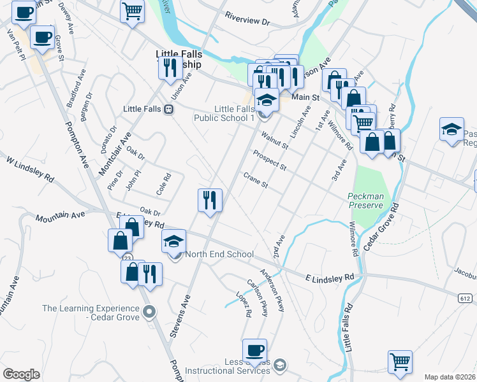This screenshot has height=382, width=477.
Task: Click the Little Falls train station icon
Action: coord(168,110)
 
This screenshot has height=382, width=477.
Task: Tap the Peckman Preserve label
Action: coord(365,201)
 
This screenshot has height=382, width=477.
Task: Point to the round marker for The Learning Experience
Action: coord(149,312)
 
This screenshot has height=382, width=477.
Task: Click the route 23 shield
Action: coord(128,257)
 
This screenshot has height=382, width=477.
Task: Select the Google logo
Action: coord(21,374)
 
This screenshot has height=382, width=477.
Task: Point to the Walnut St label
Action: coord(275,141)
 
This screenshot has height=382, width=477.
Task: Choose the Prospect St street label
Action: coord(268,160)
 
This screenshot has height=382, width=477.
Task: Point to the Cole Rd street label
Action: coord(165,185)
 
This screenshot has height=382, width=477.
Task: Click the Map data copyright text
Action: coord(450,377)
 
